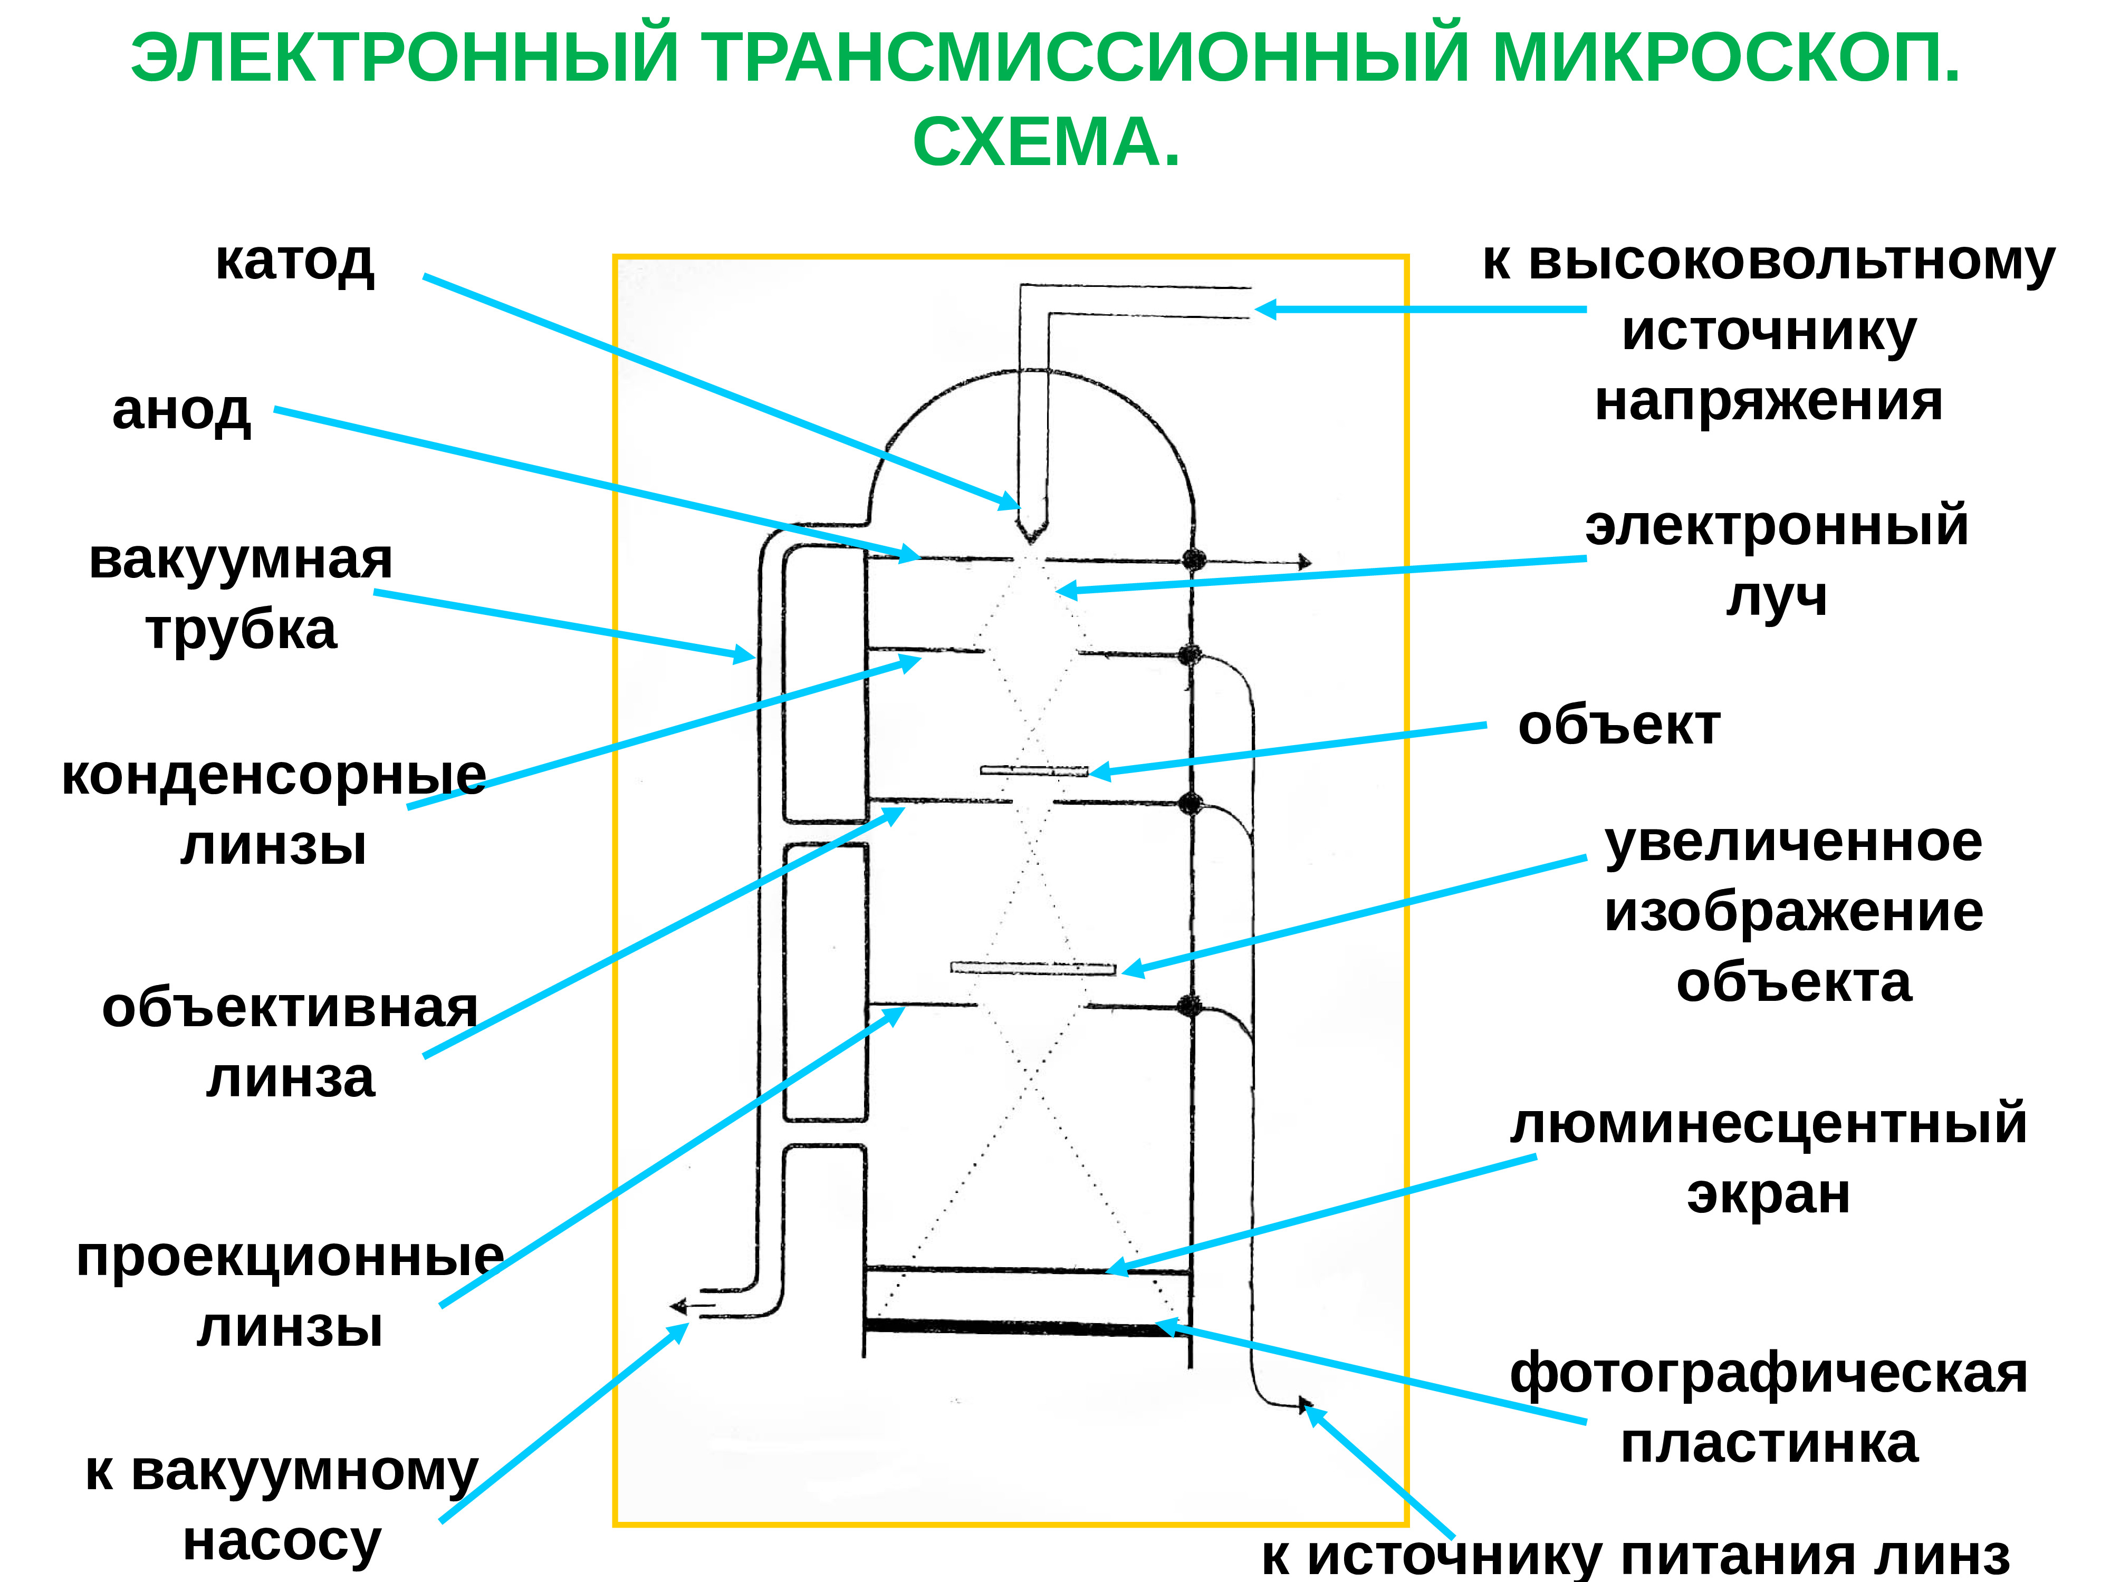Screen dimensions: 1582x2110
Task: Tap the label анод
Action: tap(181, 411)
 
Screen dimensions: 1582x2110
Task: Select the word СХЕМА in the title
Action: tap(1046, 143)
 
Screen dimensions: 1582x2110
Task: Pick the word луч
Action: tap(1776, 598)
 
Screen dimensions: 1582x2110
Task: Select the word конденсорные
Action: tap(274, 775)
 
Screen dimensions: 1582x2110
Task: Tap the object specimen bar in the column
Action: tap(1034, 769)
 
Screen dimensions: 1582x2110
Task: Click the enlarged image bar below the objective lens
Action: tap(1033, 968)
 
